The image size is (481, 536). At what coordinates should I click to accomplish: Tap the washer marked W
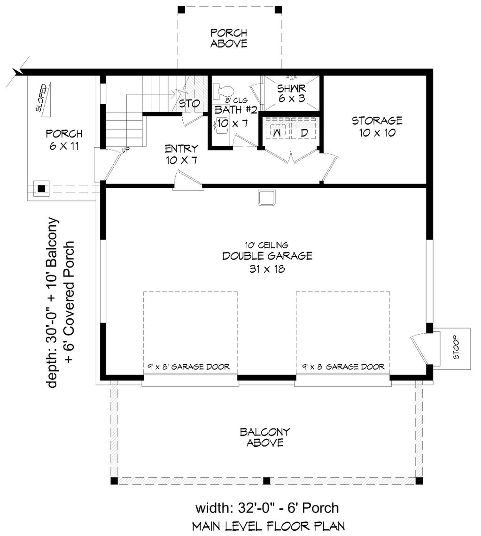(278, 132)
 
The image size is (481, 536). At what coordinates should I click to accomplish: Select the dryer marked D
(304, 132)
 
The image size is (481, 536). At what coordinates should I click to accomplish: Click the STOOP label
(456, 348)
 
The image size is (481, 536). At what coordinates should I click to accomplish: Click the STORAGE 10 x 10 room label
(377, 126)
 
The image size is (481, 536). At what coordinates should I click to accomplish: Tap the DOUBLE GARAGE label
(267, 256)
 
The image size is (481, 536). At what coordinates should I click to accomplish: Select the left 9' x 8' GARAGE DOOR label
(188, 367)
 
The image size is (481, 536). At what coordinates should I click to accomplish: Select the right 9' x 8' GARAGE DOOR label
(343, 367)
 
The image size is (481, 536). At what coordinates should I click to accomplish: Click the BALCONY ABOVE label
(265, 437)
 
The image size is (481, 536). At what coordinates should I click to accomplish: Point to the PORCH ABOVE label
(229, 38)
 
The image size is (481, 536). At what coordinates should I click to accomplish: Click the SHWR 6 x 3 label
(292, 93)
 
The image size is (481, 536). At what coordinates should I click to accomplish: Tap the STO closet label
(189, 103)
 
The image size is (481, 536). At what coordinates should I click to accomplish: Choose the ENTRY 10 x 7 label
(182, 154)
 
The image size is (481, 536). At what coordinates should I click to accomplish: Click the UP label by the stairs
(126, 150)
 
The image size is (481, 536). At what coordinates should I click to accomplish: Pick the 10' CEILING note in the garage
(266, 245)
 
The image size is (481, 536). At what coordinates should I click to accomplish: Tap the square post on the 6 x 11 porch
(41, 188)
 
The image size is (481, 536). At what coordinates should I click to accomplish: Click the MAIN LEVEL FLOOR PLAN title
(269, 526)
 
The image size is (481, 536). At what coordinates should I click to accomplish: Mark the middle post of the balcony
(266, 481)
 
